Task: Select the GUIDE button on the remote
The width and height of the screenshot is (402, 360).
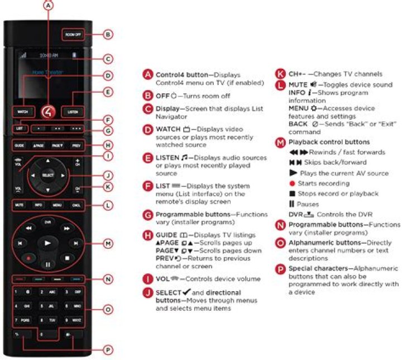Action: coord(20,145)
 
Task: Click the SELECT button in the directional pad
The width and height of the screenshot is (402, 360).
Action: coord(49,176)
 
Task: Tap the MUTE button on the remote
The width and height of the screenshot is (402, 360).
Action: coord(20,206)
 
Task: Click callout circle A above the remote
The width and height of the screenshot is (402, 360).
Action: coord(49,6)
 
